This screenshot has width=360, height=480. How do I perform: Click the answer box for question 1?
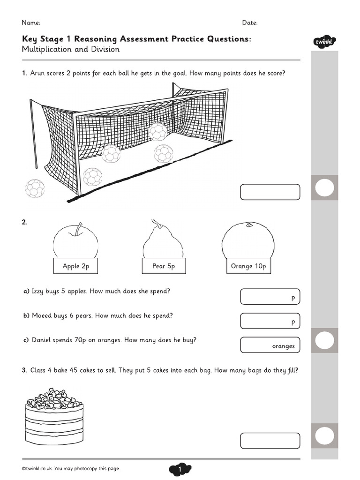[x=270, y=192]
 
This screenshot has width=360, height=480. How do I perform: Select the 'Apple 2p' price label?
[x=75, y=266]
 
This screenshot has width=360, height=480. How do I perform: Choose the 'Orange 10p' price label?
[x=248, y=266]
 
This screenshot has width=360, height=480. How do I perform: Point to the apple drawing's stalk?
[x=78, y=228]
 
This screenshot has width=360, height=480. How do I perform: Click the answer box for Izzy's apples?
[x=270, y=297]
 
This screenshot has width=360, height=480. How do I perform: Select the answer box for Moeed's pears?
[x=270, y=321]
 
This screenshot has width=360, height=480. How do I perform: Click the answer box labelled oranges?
[x=270, y=345]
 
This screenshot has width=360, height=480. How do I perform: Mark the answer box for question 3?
[x=270, y=441]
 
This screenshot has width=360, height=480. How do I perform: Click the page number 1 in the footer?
[x=180, y=469]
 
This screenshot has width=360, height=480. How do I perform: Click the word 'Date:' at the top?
[x=250, y=22]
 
